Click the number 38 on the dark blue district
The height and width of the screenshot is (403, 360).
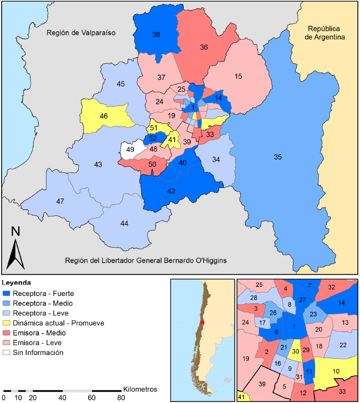(156, 34)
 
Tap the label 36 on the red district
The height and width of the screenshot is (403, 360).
(204, 47)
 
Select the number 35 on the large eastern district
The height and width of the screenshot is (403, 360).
(278, 156)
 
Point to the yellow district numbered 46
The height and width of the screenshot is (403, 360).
(104, 116)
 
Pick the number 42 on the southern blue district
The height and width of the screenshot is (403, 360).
(171, 191)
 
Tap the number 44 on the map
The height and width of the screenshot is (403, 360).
(124, 223)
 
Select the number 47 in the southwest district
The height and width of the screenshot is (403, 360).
(60, 201)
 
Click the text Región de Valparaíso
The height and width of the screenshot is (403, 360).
(80, 33)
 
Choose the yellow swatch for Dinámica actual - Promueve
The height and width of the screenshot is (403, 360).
(7, 323)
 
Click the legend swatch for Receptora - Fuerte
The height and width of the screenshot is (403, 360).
(7, 294)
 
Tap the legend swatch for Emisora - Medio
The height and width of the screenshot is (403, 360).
(7, 333)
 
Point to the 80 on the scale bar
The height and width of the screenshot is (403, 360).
(121, 398)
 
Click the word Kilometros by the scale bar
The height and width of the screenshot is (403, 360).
(140, 389)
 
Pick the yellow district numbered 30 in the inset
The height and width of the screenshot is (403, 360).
(295, 351)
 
